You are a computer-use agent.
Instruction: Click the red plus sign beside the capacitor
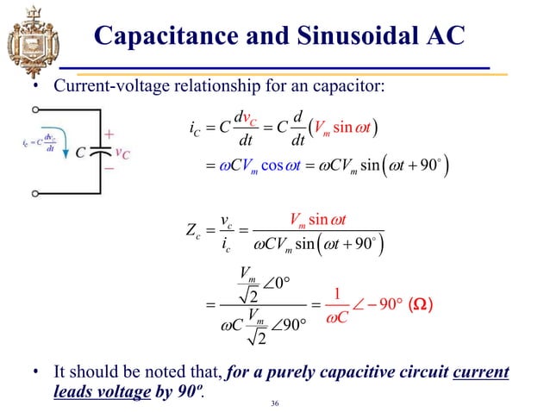tap(109, 135)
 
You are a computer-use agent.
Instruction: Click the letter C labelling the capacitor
tap(79, 153)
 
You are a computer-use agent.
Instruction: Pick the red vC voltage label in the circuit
tap(122, 153)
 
